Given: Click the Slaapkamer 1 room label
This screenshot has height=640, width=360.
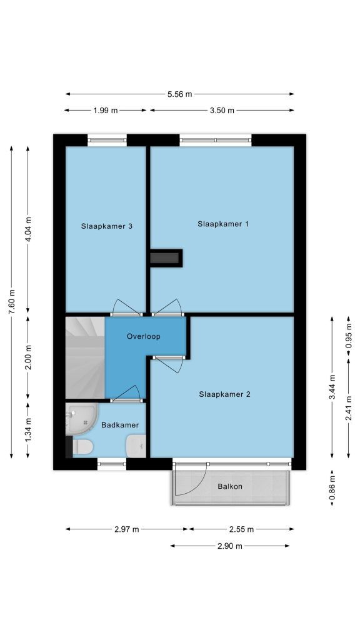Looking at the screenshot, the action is (x=223, y=224).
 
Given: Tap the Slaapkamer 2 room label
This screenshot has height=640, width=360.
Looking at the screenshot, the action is (x=224, y=394).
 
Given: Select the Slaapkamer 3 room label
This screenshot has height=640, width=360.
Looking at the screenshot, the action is (x=106, y=226).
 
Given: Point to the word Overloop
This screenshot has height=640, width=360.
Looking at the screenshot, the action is (x=143, y=337).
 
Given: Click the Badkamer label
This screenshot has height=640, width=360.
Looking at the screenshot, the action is (x=120, y=425).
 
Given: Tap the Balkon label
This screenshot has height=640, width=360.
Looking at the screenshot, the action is (x=230, y=486).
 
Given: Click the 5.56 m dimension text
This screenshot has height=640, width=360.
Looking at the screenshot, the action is (x=179, y=94).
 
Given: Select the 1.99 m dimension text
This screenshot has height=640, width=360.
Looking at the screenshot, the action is (x=105, y=110).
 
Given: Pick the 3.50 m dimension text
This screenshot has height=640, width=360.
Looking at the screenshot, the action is (x=222, y=110).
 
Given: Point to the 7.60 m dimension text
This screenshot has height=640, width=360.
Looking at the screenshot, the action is (x=12, y=302).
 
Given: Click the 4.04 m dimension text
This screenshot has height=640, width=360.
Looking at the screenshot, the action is (x=28, y=229).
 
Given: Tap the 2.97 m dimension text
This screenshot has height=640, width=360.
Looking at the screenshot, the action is (x=126, y=529).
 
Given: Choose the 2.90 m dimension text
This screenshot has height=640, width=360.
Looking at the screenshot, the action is (x=230, y=546).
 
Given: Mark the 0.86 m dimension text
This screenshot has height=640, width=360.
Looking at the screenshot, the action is (x=332, y=487).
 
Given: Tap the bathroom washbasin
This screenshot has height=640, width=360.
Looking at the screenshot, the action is (x=136, y=446).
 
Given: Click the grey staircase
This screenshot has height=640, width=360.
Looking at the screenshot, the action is (x=85, y=358).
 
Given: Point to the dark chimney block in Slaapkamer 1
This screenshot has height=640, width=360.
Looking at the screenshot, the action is (x=166, y=258).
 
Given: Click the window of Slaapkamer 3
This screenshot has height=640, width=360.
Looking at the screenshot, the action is (x=107, y=140).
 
